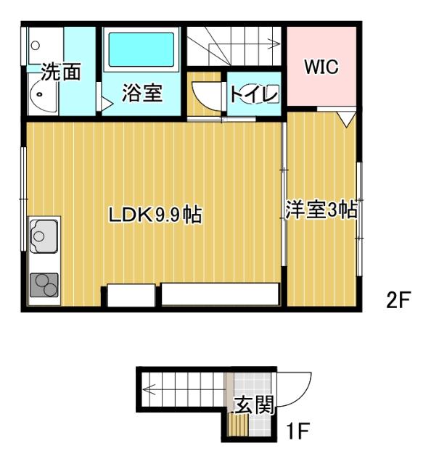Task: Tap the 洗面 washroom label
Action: tap(59, 72)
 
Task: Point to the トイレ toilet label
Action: tap(253, 94)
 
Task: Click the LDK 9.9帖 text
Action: tap(155, 215)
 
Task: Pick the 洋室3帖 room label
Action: tap(320, 210)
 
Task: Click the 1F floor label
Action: tap(297, 433)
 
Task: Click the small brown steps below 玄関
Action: tap(238, 426)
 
